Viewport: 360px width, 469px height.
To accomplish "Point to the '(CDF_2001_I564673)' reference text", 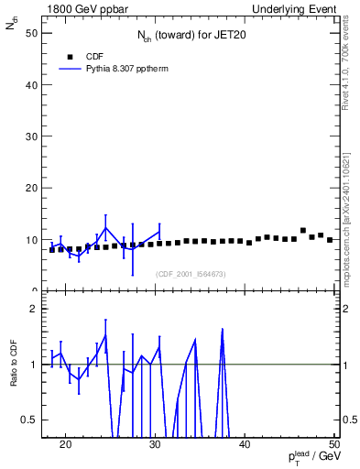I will click(x=191, y=274).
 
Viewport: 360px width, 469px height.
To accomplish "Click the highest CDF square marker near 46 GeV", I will click(x=303, y=231).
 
